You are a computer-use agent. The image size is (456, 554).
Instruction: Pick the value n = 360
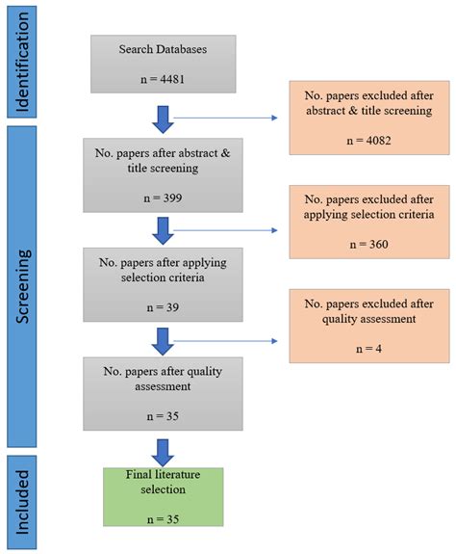[370, 245]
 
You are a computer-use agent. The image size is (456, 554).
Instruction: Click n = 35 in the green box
[163, 517]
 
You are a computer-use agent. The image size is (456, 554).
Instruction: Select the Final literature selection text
[163, 481]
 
